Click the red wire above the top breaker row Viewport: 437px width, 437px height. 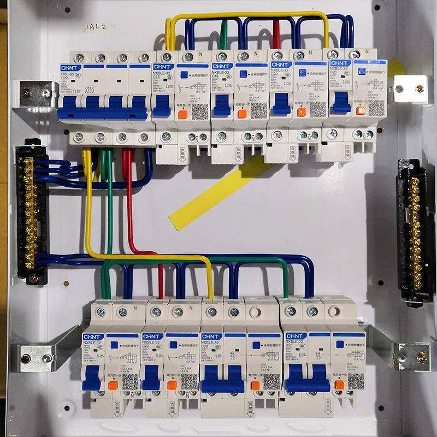point(276,35)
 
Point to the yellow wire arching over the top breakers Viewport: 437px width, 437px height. point(246,16)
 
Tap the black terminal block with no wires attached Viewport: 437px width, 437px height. point(415,229)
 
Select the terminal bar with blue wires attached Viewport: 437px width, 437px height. point(28,213)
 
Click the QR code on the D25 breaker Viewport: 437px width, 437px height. point(355,380)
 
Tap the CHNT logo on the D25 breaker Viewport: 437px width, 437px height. point(296,335)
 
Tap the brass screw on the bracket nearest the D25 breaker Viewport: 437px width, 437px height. point(421,357)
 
